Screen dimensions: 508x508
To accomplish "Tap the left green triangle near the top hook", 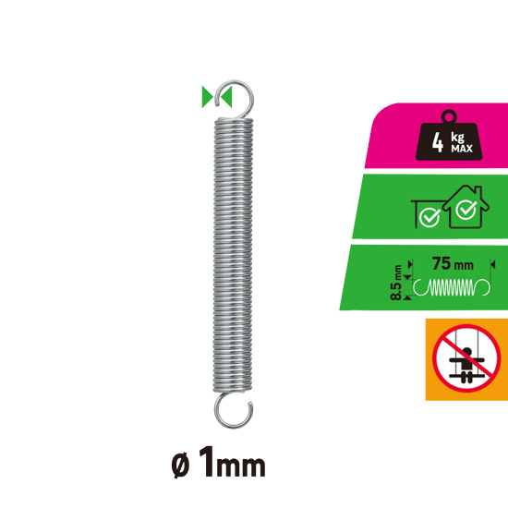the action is point(207,97).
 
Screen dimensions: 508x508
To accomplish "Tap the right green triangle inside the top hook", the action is point(226,97).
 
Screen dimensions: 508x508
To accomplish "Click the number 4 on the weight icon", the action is point(438,142).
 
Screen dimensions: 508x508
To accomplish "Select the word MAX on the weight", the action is point(462,149).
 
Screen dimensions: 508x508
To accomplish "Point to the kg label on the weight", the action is point(457,138).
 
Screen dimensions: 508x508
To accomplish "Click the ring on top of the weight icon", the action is point(449,116).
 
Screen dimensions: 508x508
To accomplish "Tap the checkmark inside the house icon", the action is point(466,209).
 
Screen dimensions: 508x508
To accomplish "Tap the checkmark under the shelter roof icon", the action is point(429,217).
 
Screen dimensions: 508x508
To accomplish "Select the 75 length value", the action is point(441,263).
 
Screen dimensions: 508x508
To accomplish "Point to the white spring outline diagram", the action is point(452,287).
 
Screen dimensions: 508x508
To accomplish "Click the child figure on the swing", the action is point(466,362).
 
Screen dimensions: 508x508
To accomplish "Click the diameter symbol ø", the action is point(180,466).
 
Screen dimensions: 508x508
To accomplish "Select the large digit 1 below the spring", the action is point(207,461).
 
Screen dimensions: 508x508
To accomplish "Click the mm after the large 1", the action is point(241,466).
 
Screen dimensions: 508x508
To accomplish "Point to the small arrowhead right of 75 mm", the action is point(493,265).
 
